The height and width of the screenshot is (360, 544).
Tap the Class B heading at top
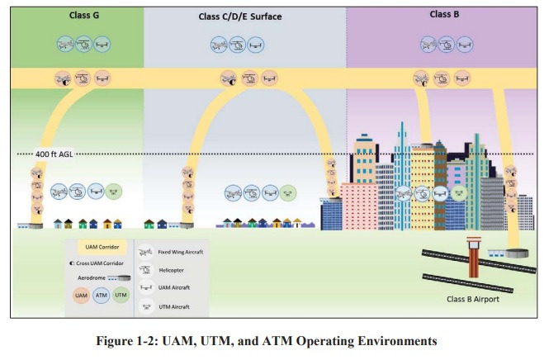447,14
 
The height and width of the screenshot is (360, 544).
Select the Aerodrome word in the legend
85,279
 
